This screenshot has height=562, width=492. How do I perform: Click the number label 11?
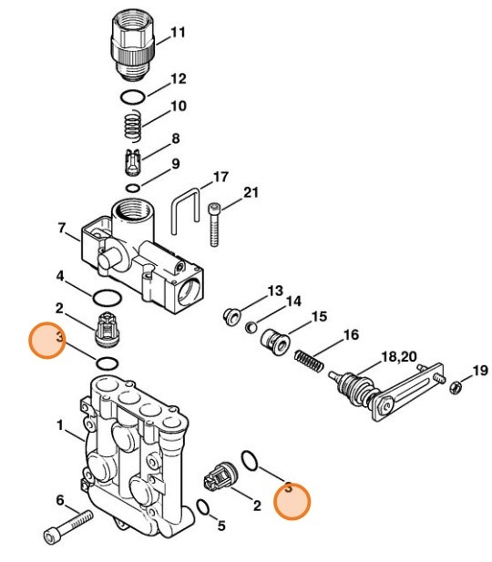click(179, 33)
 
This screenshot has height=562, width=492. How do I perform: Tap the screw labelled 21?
click(215, 223)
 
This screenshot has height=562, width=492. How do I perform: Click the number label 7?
click(62, 228)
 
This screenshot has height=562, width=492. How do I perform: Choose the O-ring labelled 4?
click(105, 297)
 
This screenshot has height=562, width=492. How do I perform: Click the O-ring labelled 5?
click(206, 507)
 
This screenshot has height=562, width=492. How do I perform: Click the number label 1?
click(60, 425)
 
